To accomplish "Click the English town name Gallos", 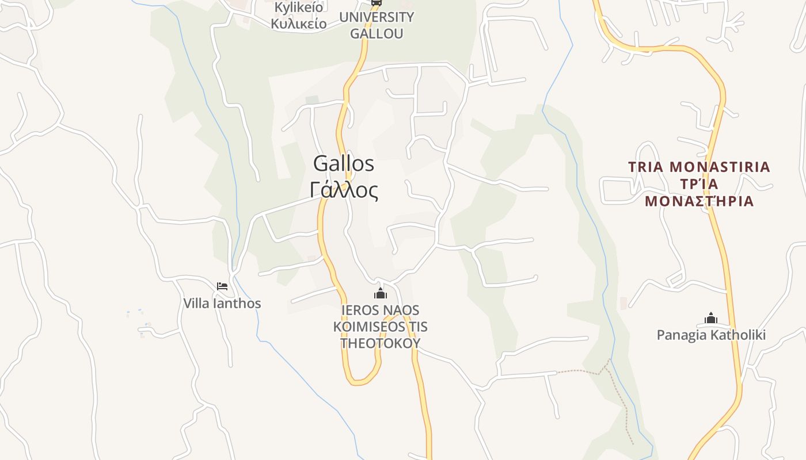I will (x=344, y=164).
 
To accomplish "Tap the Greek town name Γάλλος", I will (x=344, y=190).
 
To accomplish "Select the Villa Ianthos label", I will (x=222, y=304).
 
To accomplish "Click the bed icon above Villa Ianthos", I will (x=222, y=286).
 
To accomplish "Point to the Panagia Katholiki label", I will (x=711, y=335).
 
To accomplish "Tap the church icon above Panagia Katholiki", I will (x=711, y=318).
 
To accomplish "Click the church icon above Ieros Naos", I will (x=380, y=294).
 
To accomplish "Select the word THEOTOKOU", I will (x=380, y=343).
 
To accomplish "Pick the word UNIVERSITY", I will (x=377, y=17).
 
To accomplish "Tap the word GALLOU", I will (x=377, y=33).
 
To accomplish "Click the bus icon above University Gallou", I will (x=377, y=2).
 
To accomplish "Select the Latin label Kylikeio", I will (x=299, y=7).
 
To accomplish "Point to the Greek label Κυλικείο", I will (x=299, y=24).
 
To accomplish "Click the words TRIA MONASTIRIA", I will (x=699, y=167).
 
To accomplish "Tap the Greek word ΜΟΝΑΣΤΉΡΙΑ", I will (x=699, y=201).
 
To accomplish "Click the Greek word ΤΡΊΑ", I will (x=699, y=184).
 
